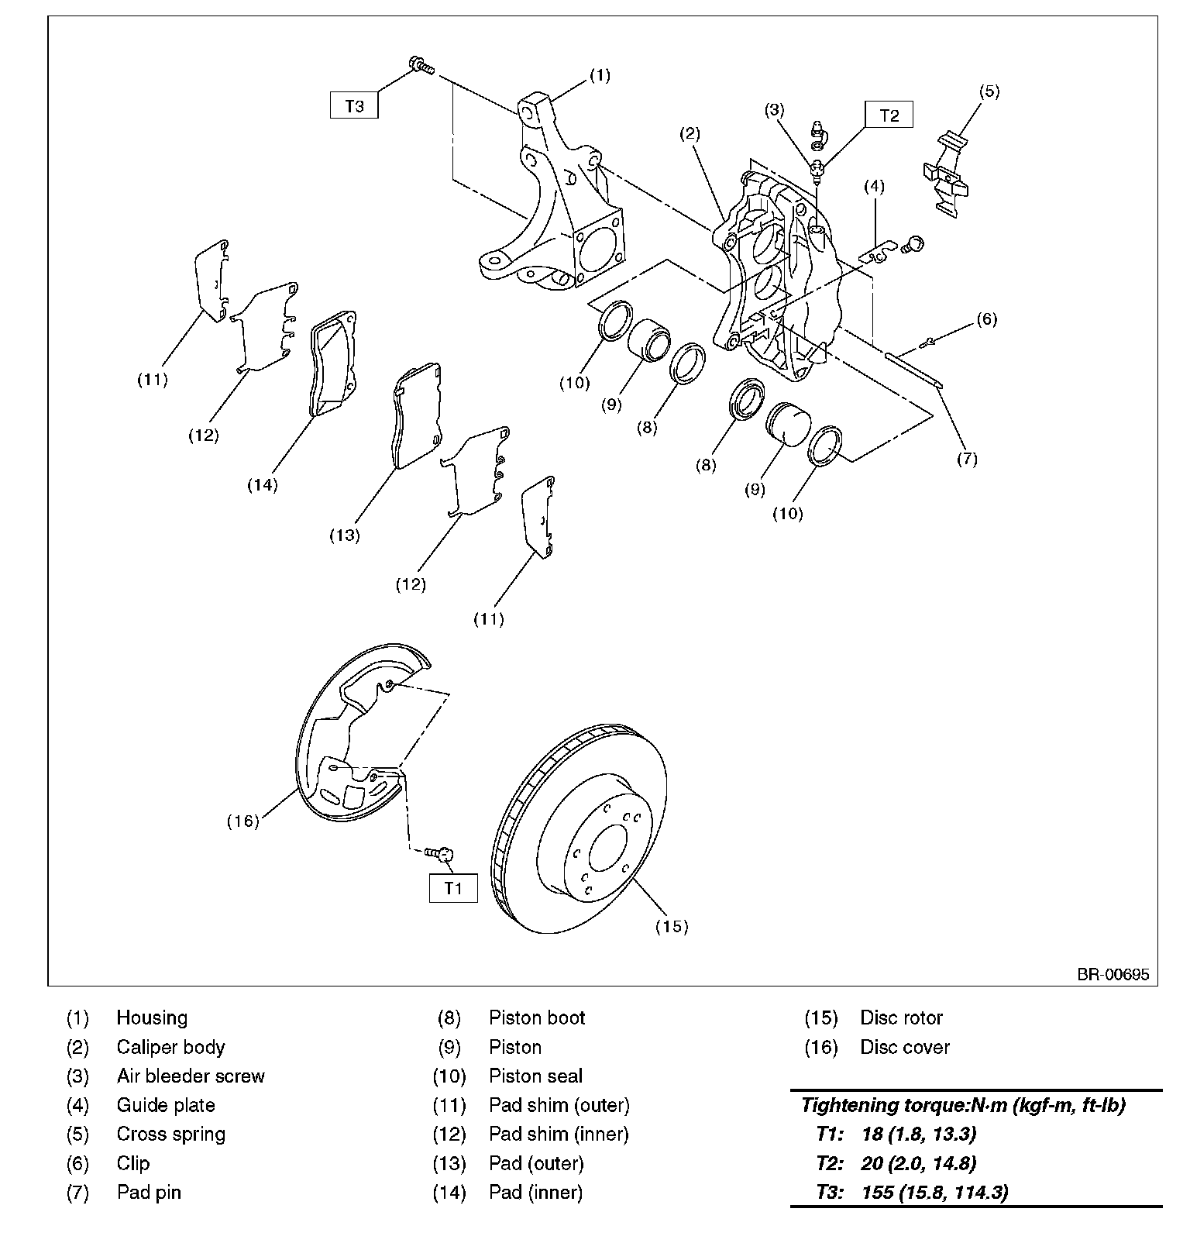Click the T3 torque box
(x=354, y=105)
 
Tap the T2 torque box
(x=889, y=115)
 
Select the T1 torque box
(x=453, y=888)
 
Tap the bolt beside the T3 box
(x=421, y=67)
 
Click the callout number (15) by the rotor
(x=671, y=926)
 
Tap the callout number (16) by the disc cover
(x=242, y=821)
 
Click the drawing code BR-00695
(x=1113, y=975)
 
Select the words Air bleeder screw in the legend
(x=191, y=1076)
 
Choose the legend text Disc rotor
(x=901, y=1017)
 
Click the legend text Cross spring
(x=171, y=1134)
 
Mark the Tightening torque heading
(x=963, y=1105)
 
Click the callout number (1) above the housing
(x=600, y=75)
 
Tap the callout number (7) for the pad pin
(x=966, y=459)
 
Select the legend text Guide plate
(x=166, y=1105)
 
